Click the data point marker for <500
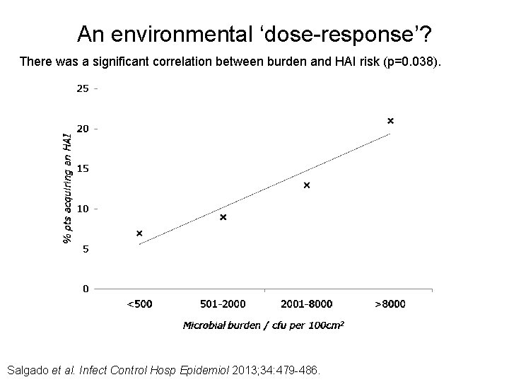[x=139, y=233]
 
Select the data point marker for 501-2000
[x=223, y=217]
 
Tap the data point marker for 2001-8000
[x=307, y=185]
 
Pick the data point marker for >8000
[x=390, y=121]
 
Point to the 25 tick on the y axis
[x=83, y=89]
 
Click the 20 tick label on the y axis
[x=83, y=129]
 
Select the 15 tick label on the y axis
[x=83, y=169]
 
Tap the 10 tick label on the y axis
[x=83, y=209]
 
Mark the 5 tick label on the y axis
[x=86, y=249]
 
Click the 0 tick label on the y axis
[x=86, y=289]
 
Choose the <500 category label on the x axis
[x=139, y=304]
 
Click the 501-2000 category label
[x=223, y=304]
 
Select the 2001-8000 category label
[x=307, y=304]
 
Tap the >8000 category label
[x=390, y=304]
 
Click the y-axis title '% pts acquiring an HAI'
[x=67, y=188]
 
